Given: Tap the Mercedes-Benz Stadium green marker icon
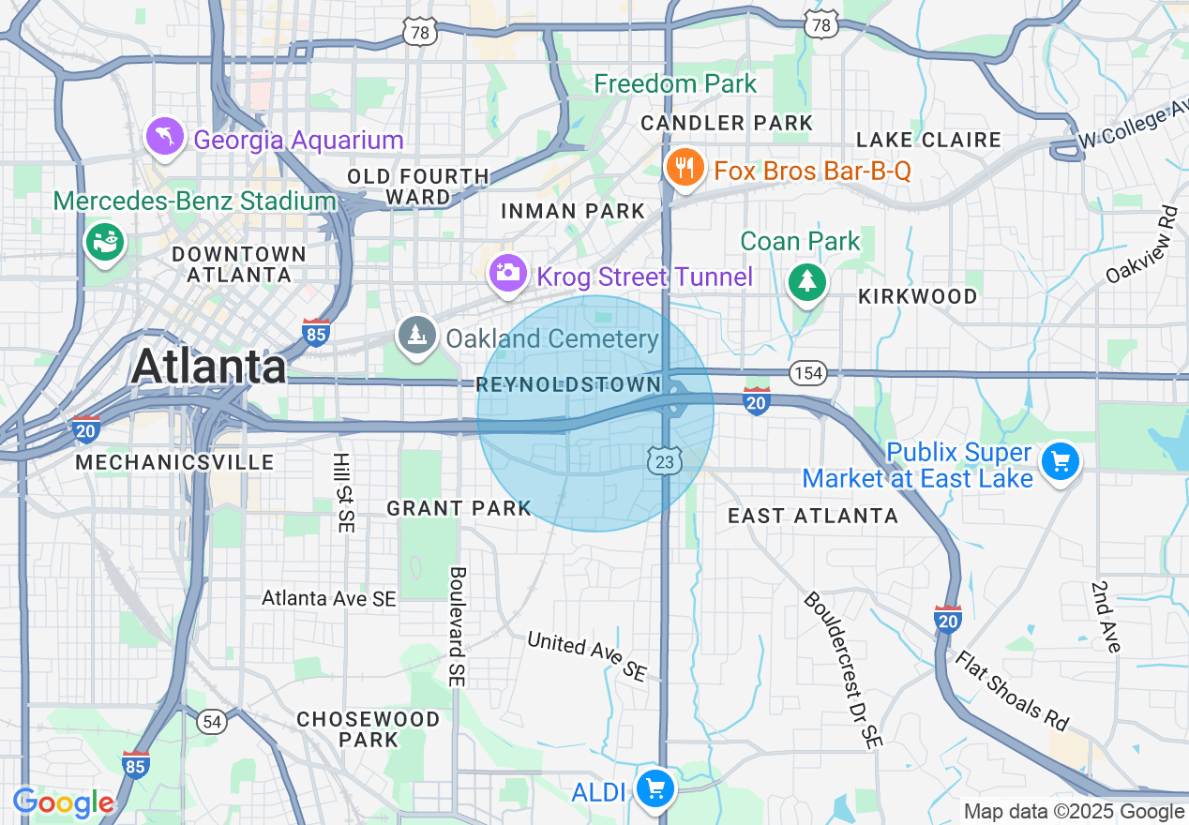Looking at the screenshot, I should click(104, 241).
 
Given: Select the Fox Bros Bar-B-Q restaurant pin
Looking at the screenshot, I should click(685, 169).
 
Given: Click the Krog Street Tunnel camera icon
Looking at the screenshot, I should click(507, 274).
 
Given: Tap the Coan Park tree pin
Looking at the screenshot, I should click(806, 281).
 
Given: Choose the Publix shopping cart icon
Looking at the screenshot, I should click(1061, 461).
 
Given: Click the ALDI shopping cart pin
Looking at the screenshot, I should click(655, 789).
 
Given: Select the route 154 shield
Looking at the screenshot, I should click(807, 373).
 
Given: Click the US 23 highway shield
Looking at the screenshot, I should click(663, 459).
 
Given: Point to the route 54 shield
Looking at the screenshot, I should click(212, 721).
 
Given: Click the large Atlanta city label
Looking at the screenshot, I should click(209, 366).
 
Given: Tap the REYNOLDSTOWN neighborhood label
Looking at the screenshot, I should click(568, 384).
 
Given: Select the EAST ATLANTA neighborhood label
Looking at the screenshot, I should click(813, 516).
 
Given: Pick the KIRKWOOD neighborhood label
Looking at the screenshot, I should click(917, 296).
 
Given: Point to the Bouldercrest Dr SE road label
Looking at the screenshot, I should click(842, 669).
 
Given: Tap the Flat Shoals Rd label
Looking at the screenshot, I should click(1012, 689).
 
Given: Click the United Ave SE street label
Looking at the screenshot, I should click(587, 655).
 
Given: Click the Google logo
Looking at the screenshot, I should click(64, 802).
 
